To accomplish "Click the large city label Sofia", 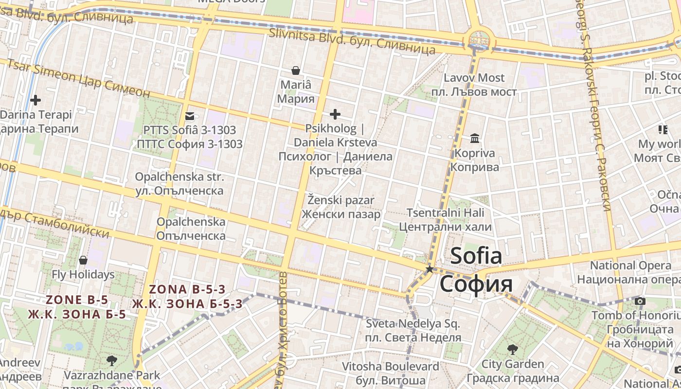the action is coord(475,256).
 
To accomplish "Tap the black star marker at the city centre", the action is coord(429,269).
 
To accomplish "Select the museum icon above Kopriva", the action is coord(475,139).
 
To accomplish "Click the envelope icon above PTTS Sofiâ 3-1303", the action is coord(190,116).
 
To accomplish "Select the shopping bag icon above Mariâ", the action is coord(295,71).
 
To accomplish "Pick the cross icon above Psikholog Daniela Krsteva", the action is coord(335,114).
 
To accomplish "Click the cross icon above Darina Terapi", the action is coord(36,101).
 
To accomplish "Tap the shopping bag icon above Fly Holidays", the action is coord(83,260).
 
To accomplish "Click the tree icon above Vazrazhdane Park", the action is coord(112,360).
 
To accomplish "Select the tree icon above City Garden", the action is coord(512,349).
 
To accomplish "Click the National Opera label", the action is coord(630,265).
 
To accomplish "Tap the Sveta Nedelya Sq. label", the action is coord(413,323).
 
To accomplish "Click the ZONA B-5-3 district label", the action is coord(187,289).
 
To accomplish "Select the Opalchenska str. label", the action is coord(179,177).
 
